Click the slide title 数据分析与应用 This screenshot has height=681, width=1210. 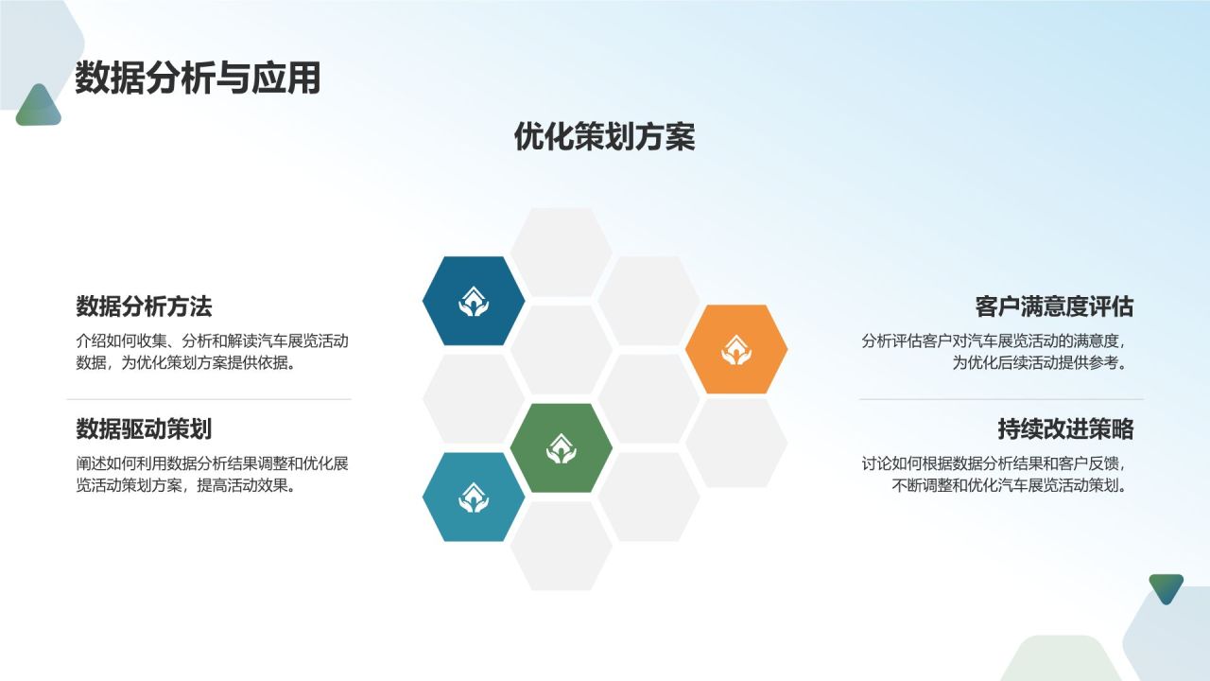(198, 79)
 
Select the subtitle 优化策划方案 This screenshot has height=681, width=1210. (604, 136)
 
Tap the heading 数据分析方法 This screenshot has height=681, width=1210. (144, 306)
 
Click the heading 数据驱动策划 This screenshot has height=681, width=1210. (144, 429)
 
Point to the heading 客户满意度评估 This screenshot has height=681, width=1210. (1054, 306)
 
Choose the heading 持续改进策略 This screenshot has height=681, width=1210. (1065, 429)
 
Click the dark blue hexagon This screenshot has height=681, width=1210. (474, 301)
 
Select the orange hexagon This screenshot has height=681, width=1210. (735, 349)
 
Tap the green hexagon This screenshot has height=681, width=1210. (561, 447)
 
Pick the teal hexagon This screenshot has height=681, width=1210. (474, 497)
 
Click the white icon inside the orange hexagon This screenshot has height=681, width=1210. (735, 350)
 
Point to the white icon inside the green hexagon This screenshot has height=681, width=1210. (561, 448)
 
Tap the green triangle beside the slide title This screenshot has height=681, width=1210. (38, 108)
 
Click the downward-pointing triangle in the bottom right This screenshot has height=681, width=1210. (1166, 587)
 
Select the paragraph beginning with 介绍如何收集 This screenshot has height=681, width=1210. (218, 352)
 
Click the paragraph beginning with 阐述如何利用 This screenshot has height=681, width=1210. (213, 475)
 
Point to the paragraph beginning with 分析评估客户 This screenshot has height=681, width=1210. (996, 352)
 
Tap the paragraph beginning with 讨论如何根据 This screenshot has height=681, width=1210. (996, 475)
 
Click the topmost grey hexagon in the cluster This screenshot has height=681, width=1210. (561, 252)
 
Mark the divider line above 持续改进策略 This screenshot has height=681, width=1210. (1000, 399)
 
